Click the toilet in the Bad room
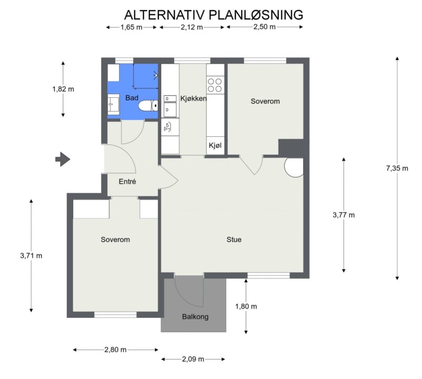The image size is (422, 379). click(148, 105)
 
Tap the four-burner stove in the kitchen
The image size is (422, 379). click(215, 85)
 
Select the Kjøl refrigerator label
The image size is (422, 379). click(215, 146)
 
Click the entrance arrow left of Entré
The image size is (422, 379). click(63, 159)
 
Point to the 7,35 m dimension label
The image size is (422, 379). click(397, 168)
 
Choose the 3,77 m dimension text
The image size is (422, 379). click(344, 215)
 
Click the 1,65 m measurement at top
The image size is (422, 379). click(132, 27)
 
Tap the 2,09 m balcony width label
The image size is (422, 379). click(193, 359)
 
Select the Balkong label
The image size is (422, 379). click(195, 316)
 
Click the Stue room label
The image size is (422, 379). click(234, 240)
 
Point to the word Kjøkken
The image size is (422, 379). click(193, 98)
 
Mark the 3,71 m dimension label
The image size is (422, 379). click(31, 256)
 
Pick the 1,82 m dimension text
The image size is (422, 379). click(63, 89)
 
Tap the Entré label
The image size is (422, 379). click(127, 182)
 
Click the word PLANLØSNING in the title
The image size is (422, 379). click(256, 15)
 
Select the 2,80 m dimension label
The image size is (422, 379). click(115, 350)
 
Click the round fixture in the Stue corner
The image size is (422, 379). click(294, 167)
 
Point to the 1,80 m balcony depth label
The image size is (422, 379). click(246, 306)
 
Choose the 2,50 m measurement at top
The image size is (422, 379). click(265, 27)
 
